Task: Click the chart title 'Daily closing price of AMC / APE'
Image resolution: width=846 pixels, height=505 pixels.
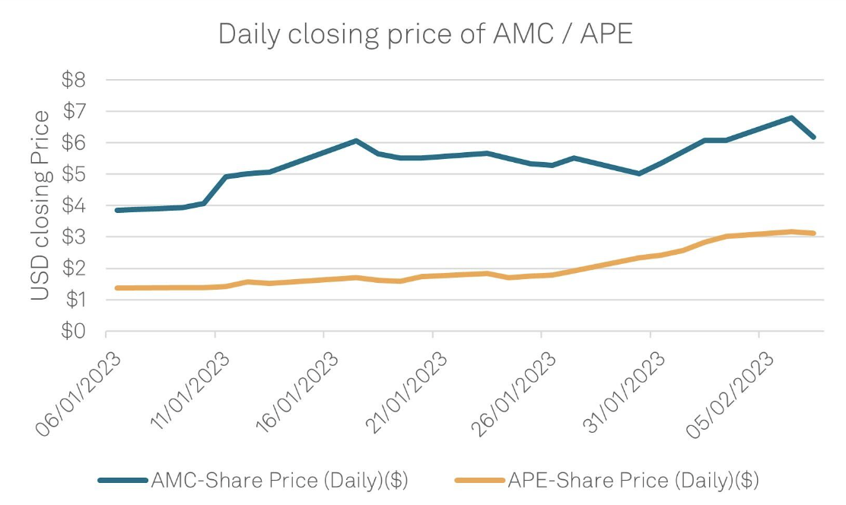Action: click(x=425, y=33)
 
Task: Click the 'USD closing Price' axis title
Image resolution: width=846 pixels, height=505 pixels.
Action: click(x=42, y=205)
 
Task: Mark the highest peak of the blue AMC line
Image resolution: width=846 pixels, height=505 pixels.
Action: click(x=792, y=118)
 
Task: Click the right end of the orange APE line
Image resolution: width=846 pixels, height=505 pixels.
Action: click(x=814, y=233)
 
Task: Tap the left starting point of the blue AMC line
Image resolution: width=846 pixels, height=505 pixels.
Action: click(x=117, y=210)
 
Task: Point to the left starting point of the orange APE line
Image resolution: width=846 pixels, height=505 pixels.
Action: click(x=117, y=287)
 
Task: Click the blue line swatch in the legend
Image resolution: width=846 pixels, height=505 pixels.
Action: click(x=123, y=480)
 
